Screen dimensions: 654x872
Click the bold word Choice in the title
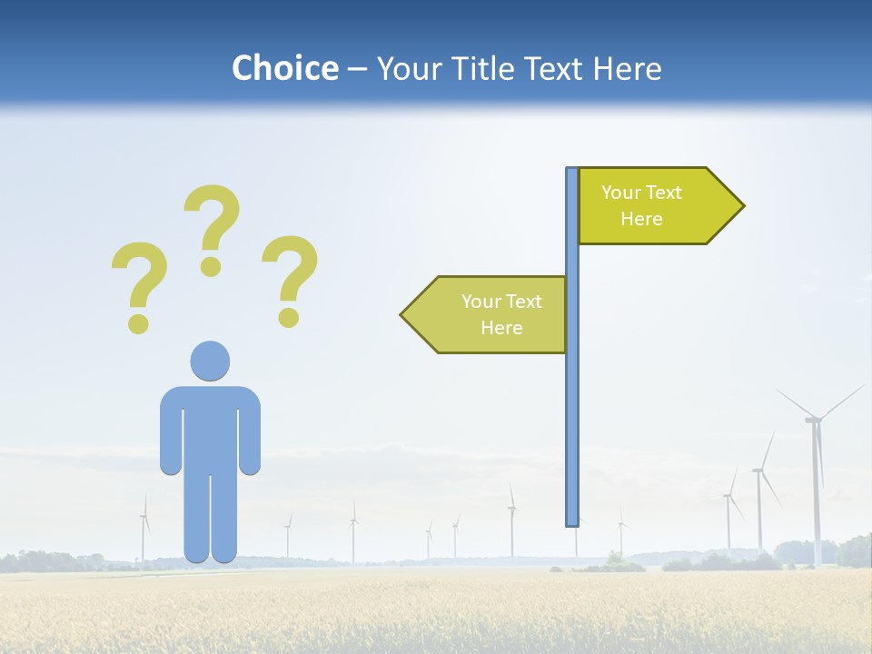coord(284,68)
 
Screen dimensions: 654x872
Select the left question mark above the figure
coord(139,285)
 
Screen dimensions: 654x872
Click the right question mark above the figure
coord(290,279)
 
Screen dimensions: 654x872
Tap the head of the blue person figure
coord(210,361)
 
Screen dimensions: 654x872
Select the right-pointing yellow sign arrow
coord(659,206)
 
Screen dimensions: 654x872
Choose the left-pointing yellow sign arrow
coord(486,314)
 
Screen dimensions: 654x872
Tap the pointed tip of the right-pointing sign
coord(742,206)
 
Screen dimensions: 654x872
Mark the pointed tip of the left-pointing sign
coord(403,315)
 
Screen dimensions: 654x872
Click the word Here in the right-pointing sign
coord(641,219)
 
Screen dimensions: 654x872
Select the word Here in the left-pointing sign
coord(501,328)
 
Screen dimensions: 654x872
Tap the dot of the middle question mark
coord(211,266)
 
